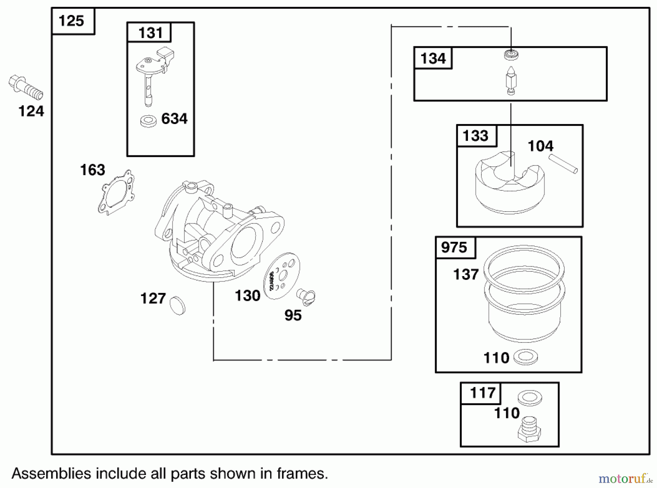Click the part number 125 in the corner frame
click(72, 21)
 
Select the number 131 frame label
click(150, 33)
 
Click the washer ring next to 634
click(148, 121)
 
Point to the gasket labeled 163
click(116, 193)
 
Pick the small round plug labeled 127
click(178, 305)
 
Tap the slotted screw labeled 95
click(306, 296)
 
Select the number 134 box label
click(433, 58)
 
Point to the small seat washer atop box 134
click(511, 55)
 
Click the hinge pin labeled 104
click(563, 164)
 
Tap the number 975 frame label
click(454, 248)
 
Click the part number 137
click(466, 275)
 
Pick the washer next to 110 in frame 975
click(525, 357)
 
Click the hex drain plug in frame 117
click(529, 431)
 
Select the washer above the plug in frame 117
click(530, 398)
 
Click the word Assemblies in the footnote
click(51, 474)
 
